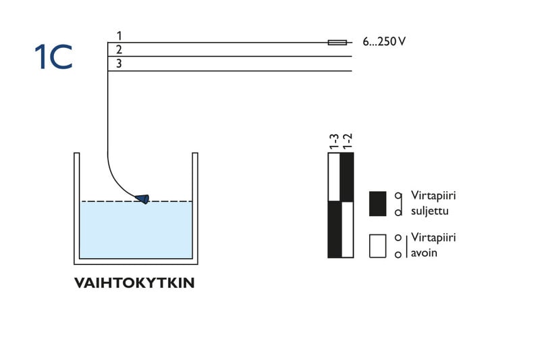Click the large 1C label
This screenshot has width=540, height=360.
(53, 58)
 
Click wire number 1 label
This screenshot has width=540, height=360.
(119, 35)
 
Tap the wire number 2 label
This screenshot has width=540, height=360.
(119, 49)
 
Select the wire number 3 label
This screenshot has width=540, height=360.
(119, 63)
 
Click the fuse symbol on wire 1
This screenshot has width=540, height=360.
(337, 43)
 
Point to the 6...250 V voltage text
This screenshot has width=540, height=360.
(384, 42)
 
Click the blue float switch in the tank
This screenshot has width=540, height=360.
(142, 198)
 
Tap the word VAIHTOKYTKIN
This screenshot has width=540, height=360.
(134, 283)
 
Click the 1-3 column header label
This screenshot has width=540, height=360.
(334, 141)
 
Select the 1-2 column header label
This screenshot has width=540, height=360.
(348, 141)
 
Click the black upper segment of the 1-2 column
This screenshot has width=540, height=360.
(348, 178)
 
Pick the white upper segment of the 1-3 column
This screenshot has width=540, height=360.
(334, 178)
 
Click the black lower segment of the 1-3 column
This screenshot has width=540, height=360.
(334, 230)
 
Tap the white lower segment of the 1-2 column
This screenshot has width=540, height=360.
(348, 230)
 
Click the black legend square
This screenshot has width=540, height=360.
(377, 203)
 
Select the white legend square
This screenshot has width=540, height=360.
(377, 246)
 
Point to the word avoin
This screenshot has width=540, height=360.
(424, 253)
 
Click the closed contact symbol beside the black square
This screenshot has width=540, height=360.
(399, 203)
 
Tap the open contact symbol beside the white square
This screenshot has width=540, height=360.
(399, 246)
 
